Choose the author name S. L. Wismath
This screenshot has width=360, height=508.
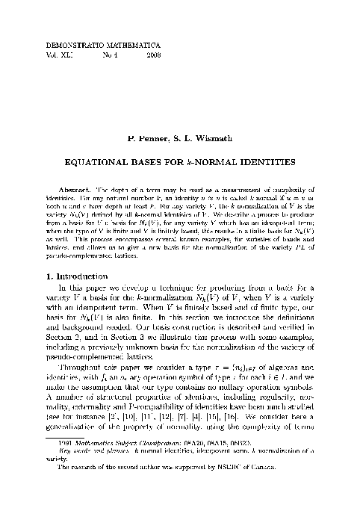204,138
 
